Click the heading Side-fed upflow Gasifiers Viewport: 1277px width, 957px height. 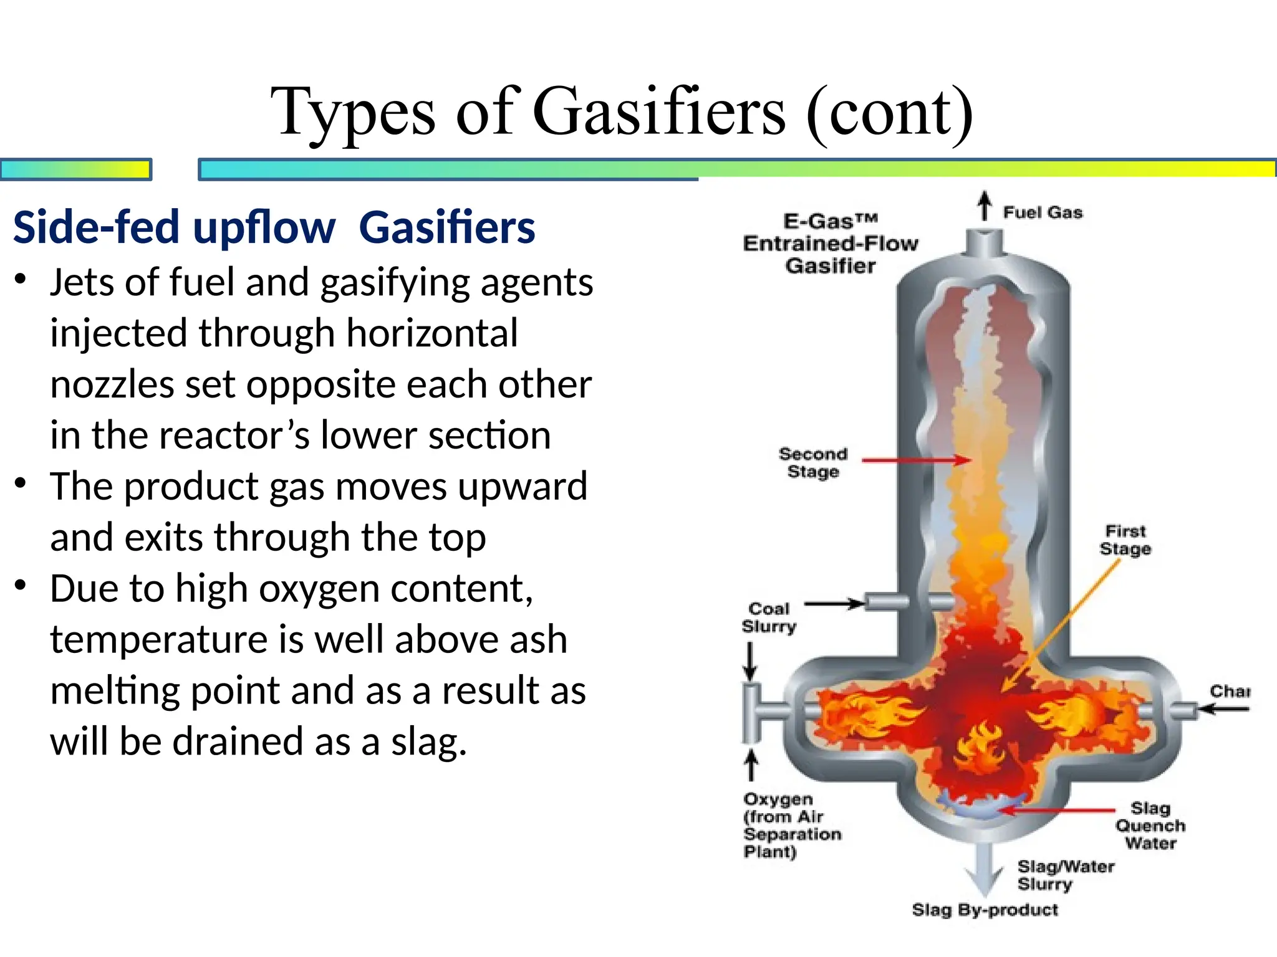pyautogui.click(x=274, y=227)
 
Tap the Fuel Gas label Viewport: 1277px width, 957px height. pyautogui.click(x=1043, y=212)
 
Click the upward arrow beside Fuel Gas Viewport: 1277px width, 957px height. pyautogui.click(x=984, y=206)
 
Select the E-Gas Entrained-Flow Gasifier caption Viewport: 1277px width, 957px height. pyautogui.click(x=831, y=244)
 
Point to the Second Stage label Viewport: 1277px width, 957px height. pyautogui.click(x=813, y=462)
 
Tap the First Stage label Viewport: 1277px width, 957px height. pyautogui.click(x=1125, y=540)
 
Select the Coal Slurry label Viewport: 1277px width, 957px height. pyautogui.click(x=769, y=617)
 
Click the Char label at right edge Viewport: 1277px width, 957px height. pyautogui.click(x=1230, y=691)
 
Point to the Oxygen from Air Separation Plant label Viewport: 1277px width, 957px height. pyautogui.click(x=791, y=825)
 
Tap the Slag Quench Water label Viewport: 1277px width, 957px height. pyautogui.click(x=1150, y=826)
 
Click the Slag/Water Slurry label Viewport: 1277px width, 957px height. pyautogui.click(x=1065, y=875)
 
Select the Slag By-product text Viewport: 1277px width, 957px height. pyautogui.click(x=985, y=910)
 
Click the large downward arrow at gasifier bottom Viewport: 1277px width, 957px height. pyautogui.click(x=984, y=869)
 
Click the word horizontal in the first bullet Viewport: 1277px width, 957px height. pyautogui.click(x=431, y=333)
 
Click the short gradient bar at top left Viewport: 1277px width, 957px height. pyautogui.click(x=75, y=169)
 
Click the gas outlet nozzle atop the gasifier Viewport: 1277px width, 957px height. pyautogui.click(x=984, y=243)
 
